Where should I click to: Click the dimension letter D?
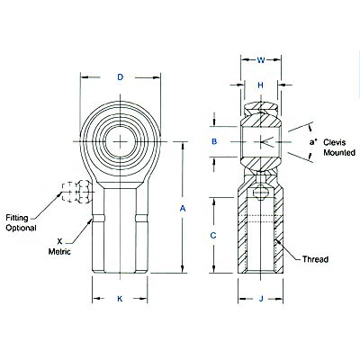coord(121,77)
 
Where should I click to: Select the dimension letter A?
coord(182,208)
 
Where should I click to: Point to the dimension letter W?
coord(260,61)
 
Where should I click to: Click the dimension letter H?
coord(260,85)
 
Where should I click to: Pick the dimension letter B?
coord(214,142)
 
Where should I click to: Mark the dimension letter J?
coord(259,299)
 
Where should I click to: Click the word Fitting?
coord(21,219)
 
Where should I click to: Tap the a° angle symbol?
coord(312,142)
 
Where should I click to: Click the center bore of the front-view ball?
coord(121,142)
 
